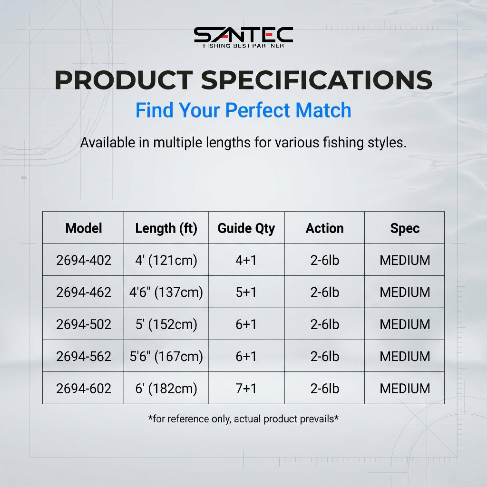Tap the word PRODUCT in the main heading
coord(124,80)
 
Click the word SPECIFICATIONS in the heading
coord(316,80)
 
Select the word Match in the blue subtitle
coord(323,110)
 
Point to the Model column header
coord(84,228)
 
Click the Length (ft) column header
coord(166,229)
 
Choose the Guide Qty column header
coord(246,229)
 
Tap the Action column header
coord(324,228)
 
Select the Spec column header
coord(405,229)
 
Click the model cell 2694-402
coord(84,260)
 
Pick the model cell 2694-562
coord(84,356)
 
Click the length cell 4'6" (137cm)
coord(166,292)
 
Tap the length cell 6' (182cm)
coord(166,389)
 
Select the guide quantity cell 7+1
coord(246,389)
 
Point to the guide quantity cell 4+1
coord(246,260)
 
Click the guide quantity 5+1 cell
coord(246,292)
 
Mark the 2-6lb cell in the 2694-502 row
coord(324,324)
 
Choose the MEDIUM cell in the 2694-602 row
coord(405,389)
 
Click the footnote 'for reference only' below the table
coord(243,419)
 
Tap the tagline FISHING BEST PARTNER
coord(243,46)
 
